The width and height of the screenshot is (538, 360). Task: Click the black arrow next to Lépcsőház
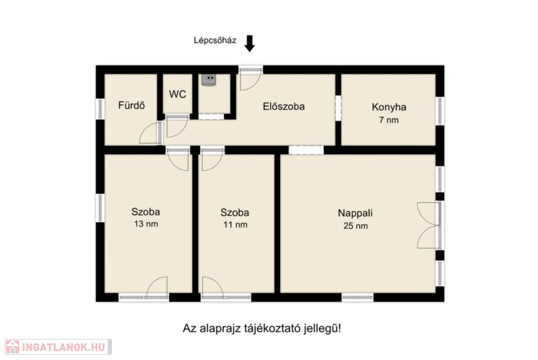point(250,44)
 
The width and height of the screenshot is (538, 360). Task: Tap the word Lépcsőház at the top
point(215,40)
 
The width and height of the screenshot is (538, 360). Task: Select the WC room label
point(178,94)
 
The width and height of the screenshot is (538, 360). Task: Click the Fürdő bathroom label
point(131,105)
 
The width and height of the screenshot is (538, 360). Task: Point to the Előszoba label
point(284,106)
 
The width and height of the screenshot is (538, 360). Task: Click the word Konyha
point(389,107)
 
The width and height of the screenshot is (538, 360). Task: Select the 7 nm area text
point(389,120)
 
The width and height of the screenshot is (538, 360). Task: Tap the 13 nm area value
point(146,224)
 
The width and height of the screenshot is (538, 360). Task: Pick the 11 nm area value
point(235,225)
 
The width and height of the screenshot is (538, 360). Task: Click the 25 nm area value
point(356,226)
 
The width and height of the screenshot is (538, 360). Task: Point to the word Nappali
point(355,213)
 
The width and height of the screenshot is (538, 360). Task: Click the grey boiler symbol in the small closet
point(209,80)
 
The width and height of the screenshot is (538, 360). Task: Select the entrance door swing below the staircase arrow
point(250,79)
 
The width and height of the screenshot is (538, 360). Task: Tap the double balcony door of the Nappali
point(429,225)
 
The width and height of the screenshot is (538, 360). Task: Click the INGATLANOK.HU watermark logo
point(58,347)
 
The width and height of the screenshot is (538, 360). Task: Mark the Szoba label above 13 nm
point(146,212)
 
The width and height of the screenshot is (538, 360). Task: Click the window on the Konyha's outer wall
point(440,111)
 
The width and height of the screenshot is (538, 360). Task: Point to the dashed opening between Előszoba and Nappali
point(306,150)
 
